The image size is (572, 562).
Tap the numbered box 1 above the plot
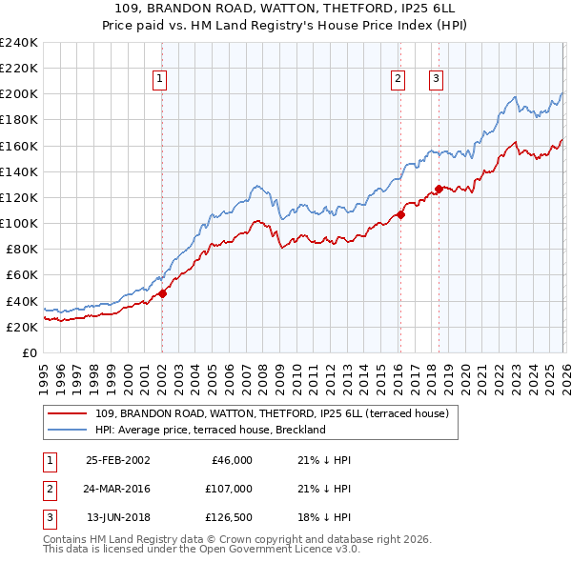pyautogui.click(x=159, y=80)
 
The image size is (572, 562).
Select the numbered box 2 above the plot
pyautogui.click(x=398, y=80)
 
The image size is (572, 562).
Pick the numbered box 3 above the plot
pyautogui.click(x=436, y=80)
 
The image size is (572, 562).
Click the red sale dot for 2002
pyautogui.click(x=162, y=293)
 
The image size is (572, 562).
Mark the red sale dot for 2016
pyautogui.click(x=400, y=214)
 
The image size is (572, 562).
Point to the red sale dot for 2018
pyautogui.click(x=439, y=189)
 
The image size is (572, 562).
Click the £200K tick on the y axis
pyautogui.click(x=19, y=94)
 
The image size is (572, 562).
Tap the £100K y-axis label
pyautogui.click(x=19, y=223)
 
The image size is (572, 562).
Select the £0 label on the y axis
pyautogui.click(x=29, y=352)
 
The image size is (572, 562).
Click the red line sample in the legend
pyautogui.click(x=69, y=413)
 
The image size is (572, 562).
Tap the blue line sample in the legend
pyautogui.click(x=69, y=430)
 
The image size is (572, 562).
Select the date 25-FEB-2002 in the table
pyautogui.click(x=118, y=459)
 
